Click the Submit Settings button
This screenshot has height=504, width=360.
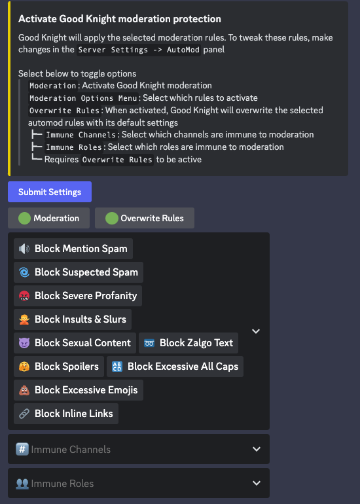[x=50, y=192]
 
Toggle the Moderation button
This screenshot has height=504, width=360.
[x=48, y=218]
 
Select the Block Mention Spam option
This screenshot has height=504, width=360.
[x=73, y=249]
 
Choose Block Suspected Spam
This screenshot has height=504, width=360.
[x=79, y=272]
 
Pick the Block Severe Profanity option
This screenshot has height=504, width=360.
[x=78, y=296]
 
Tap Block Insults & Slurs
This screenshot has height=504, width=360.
[x=73, y=319]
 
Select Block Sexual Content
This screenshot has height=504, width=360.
[x=75, y=342]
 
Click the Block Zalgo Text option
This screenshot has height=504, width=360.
[x=189, y=342]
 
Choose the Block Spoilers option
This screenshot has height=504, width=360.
[x=59, y=367]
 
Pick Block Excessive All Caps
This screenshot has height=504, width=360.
[x=175, y=367]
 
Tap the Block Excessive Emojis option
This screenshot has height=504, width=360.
[x=79, y=390]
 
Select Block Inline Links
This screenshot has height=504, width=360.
[x=66, y=414]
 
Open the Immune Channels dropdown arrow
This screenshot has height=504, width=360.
[x=257, y=449]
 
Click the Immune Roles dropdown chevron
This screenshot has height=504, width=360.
[x=257, y=483]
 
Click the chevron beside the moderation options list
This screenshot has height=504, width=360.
[x=256, y=331]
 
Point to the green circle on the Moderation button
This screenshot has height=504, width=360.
[x=24, y=218]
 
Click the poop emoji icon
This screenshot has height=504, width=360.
[x=24, y=390]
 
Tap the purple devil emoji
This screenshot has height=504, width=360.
[x=24, y=343]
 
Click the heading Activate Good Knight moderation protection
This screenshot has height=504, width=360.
[x=120, y=19]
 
